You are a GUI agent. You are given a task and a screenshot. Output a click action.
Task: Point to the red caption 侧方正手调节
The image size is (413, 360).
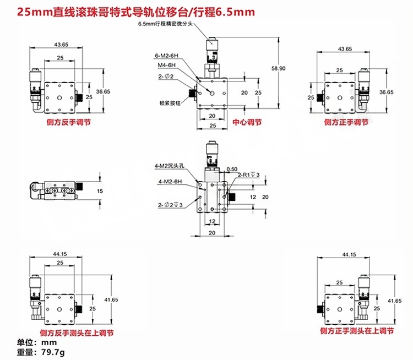tap(345, 122)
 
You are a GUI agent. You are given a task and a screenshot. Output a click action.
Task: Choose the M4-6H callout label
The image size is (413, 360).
tap(165, 65)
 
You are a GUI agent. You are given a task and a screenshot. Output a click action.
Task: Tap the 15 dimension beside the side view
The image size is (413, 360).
tap(99, 190)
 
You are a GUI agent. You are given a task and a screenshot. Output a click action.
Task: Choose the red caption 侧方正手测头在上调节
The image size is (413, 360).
tap(357, 332)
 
